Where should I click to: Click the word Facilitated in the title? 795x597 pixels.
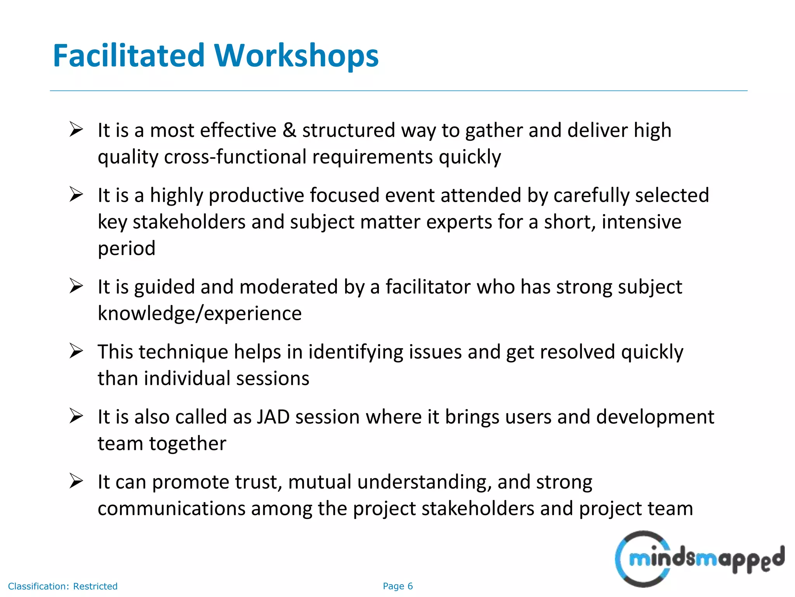pyautogui.click(x=128, y=56)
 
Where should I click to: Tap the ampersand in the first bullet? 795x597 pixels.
pyautogui.click(x=289, y=130)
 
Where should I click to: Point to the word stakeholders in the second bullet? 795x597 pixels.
pyautogui.click(x=189, y=222)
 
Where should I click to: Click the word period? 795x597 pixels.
pyautogui.click(x=127, y=249)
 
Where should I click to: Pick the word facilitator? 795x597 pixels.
pyautogui.click(x=428, y=287)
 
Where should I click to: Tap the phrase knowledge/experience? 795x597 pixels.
pyautogui.click(x=200, y=313)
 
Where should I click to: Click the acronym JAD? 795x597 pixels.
pyautogui.click(x=273, y=417)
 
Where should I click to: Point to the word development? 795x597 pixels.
pyautogui.click(x=655, y=417)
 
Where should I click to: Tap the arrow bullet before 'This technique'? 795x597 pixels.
pyautogui.click(x=76, y=351)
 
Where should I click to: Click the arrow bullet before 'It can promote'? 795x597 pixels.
pyautogui.click(x=76, y=481)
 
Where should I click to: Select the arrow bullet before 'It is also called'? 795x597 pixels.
pyautogui.click(x=76, y=416)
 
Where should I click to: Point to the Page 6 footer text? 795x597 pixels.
pyautogui.click(x=397, y=586)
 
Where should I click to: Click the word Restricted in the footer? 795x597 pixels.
pyautogui.click(x=95, y=586)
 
